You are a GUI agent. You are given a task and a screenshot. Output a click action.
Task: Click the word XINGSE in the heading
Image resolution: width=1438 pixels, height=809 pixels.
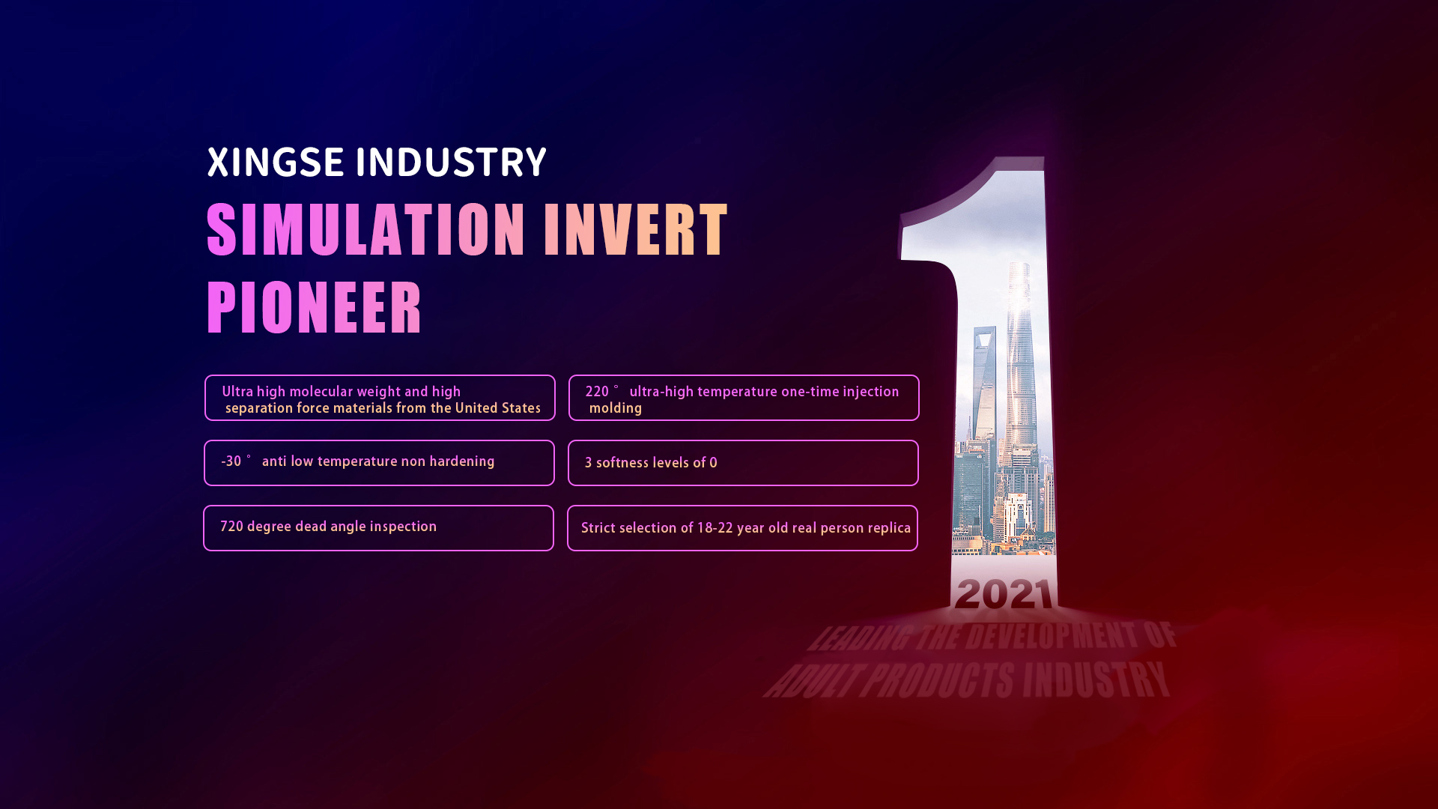click(x=276, y=163)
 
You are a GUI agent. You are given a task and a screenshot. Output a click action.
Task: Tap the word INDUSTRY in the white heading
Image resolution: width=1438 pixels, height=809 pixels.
click(x=451, y=163)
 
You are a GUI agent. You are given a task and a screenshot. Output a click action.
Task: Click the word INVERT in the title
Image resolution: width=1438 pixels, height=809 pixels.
click(x=636, y=230)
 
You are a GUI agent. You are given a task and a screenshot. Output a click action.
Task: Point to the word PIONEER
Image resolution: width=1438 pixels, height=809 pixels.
click(x=315, y=307)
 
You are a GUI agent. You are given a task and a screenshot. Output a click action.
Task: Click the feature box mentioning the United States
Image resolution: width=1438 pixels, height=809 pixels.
click(x=380, y=398)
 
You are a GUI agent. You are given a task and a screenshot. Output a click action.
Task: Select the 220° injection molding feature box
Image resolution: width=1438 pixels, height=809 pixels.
click(x=744, y=398)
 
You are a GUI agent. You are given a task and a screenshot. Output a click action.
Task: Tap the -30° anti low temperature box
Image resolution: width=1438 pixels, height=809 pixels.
click(x=379, y=463)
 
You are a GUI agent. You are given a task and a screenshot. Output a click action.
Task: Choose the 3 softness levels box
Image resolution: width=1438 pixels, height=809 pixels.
click(x=743, y=463)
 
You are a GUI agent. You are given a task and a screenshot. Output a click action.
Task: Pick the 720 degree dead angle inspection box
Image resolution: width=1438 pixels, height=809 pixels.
click(x=378, y=528)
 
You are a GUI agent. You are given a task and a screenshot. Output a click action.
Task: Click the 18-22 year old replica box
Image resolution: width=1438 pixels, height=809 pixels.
click(x=742, y=528)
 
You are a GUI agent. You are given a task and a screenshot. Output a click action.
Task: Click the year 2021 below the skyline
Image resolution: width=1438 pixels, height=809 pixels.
click(x=1004, y=594)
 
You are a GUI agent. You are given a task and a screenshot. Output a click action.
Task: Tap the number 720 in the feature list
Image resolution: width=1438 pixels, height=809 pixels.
click(x=231, y=527)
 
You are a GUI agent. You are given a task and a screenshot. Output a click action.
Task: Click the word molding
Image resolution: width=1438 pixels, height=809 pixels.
click(x=616, y=409)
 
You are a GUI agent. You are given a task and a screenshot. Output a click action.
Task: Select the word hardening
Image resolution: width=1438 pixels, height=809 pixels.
click(x=462, y=462)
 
